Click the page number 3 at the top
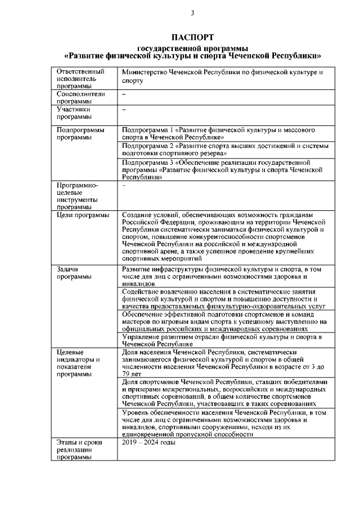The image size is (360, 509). (x=192, y=13)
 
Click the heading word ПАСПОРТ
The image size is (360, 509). (x=192, y=37)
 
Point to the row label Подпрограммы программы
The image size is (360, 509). (x=80, y=133)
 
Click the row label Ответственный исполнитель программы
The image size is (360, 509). (x=80, y=79)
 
